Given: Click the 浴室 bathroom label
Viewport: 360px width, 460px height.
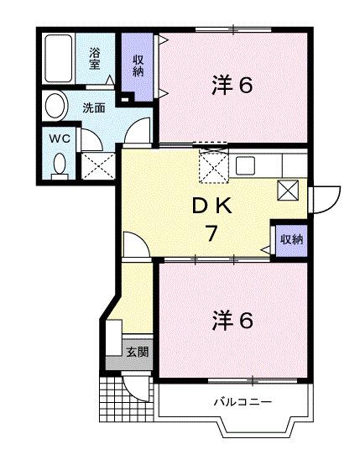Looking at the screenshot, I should (96, 58).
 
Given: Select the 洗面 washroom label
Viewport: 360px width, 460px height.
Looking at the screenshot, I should (93, 107).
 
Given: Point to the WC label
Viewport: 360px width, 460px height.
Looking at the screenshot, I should (58, 137).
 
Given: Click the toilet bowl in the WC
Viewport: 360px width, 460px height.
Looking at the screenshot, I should (58, 163).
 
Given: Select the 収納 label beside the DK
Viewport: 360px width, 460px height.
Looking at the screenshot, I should (290, 239).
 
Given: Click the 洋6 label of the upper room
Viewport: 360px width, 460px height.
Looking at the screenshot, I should (232, 86).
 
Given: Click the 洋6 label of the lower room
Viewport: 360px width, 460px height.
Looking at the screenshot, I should (232, 320).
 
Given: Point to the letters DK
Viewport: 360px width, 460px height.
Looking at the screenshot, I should (213, 206).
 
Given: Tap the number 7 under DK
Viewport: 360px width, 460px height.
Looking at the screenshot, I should (215, 233).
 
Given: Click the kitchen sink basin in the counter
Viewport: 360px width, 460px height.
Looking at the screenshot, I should (245, 165).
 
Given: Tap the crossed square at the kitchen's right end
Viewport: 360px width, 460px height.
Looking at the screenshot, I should (289, 191).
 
